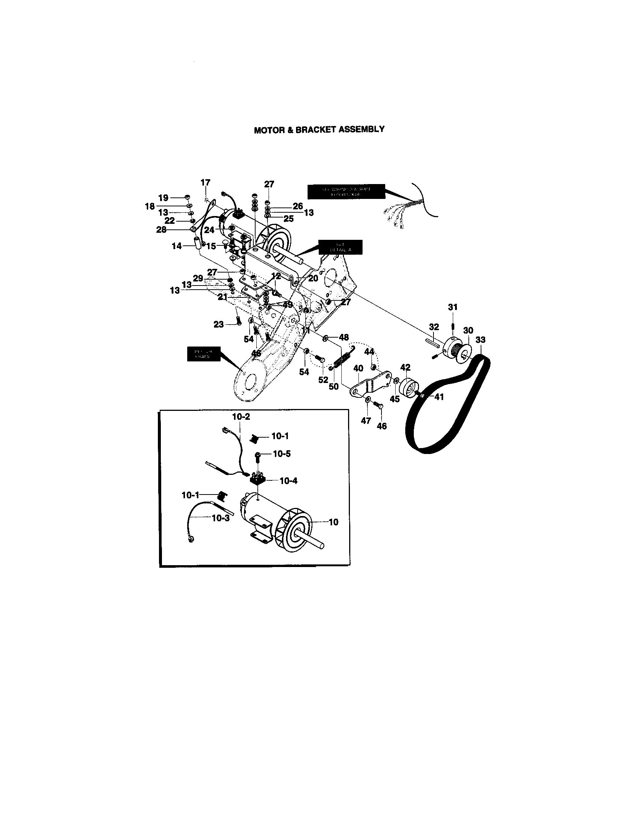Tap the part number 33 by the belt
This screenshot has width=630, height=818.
(x=480, y=340)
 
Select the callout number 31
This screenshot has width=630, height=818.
(x=453, y=307)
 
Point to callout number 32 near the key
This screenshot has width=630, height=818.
(x=433, y=327)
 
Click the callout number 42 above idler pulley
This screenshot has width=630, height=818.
(x=405, y=367)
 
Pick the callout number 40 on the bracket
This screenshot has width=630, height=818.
(x=358, y=368)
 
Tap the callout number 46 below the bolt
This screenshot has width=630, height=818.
(x=381, y=426)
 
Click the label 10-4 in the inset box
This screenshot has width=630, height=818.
(x=288, y=481)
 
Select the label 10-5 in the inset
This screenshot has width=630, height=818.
(x=281, y=454)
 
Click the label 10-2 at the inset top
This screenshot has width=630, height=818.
(x=241, y=416)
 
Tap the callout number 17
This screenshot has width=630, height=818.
(x=205, y=183)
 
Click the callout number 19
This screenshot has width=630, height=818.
(x=163, y=197)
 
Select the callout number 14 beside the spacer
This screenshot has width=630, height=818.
(x=176, y=246)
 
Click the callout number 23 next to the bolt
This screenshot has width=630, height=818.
(x=218, y=324)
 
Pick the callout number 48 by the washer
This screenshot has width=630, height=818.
(x=344, y=338)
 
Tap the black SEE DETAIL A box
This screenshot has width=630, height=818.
(x=340, y=247)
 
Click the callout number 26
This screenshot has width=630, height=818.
(x=298, y=206)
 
